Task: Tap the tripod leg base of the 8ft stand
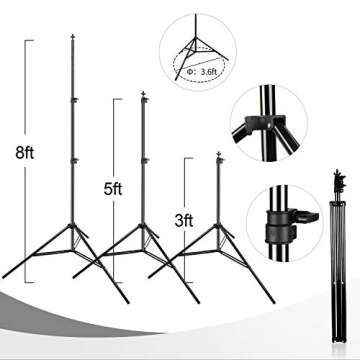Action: (77, 250)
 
